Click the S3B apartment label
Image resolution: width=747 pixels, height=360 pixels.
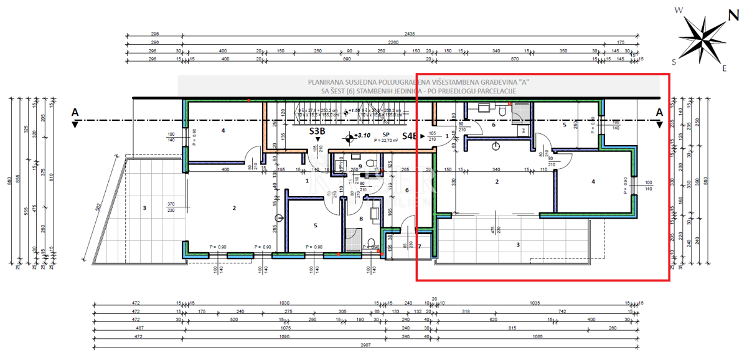click(317, 132)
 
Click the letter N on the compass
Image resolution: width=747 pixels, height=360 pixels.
click(734, 16)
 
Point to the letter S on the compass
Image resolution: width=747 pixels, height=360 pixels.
click(674, 62)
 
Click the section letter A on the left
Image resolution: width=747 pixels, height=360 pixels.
click(75, 112)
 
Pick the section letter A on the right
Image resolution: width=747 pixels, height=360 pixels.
click(659, 112)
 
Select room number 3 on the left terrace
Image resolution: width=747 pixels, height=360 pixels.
click(144, 207)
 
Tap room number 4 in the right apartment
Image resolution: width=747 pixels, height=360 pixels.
click(593, 182)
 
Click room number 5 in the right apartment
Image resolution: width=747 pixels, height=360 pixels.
click(564, 125)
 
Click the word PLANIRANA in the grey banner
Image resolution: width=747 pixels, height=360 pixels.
click(325, 82)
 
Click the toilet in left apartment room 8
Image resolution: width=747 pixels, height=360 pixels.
click(372, 243)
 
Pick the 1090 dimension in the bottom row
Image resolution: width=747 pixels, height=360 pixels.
click(285, 337)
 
